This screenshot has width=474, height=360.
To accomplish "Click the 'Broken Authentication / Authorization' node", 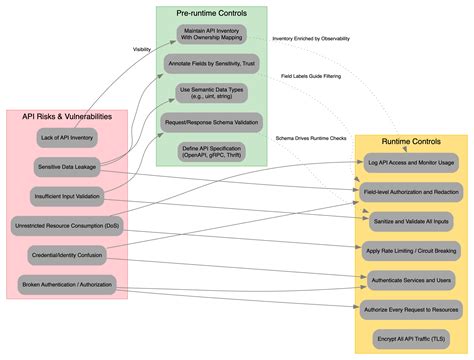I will (67, 285).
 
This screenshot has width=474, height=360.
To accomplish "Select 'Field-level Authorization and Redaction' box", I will (410, 190).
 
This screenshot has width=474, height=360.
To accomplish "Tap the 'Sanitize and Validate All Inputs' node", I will (410, 219).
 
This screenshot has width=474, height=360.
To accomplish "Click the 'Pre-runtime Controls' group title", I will (212, 13).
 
